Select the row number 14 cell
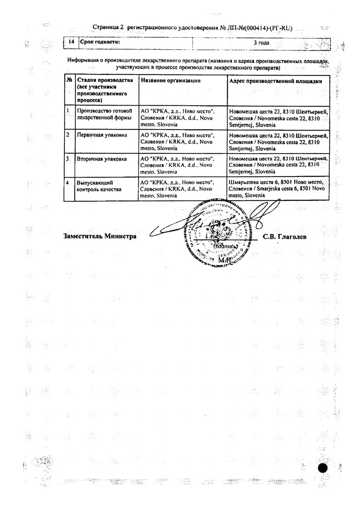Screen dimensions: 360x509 coord(71,42)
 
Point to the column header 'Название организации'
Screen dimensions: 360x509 coord(170,81)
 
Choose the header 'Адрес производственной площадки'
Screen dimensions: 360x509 coord(275,81)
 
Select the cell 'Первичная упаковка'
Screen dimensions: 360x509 coord(101,135)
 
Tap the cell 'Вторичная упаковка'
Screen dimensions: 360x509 coord(101,159)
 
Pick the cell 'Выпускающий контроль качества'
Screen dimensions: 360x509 coord(99,186)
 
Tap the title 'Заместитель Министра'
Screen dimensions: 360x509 coord(100,237)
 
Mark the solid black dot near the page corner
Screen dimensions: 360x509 coord(323,468)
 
